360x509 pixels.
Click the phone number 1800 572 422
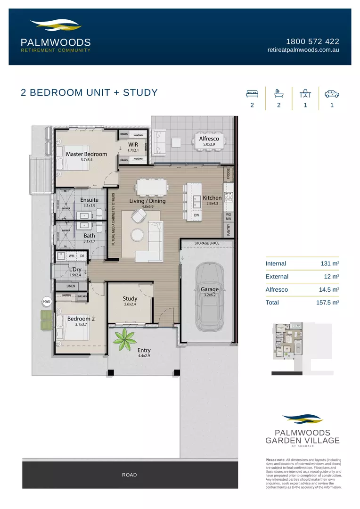(x=312, y=41)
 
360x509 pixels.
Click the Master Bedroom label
(x=86, y=154)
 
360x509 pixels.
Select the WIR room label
(x=133, y=145)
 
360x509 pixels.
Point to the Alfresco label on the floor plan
(x=209, y=139)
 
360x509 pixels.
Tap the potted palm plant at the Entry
(x=125, y=339)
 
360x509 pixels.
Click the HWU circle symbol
(x=47, y=301)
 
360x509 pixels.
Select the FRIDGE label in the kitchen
(x=229, y=173)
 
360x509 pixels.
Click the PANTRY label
(x=229, y=230)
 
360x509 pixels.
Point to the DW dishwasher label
(x=197, y=215)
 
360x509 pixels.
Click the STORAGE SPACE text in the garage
(x=207, y=244)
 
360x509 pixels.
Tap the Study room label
(x=130, y=298)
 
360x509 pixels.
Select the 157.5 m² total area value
(x=328, y=303)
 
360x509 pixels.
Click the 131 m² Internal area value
(x=330, y=263)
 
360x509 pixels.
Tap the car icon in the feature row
(x=332, y=93)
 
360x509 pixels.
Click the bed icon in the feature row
(x=252, y=93)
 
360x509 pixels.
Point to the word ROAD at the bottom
(x=129, y=475)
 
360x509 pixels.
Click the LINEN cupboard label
(x=71, y=286)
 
